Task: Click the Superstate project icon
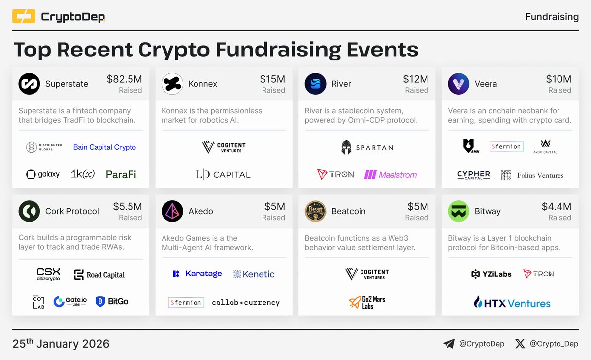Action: (29, 84)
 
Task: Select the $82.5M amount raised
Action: (124, 79)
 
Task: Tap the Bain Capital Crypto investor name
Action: (104, 147)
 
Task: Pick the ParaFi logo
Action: (121, 174)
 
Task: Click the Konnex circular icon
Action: (172, 84)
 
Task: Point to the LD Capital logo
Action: (223, 174)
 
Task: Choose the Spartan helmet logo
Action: (347, 147)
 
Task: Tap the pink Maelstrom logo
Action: (391, 174)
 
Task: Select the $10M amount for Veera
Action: (558, 79)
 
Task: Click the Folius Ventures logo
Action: (532, 175)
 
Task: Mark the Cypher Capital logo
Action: (473, 175)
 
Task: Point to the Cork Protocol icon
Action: (29, 211)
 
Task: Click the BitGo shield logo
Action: (112, 301)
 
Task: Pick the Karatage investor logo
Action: (197, 274)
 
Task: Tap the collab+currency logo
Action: (246, 302)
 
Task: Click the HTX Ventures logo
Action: (512, 303)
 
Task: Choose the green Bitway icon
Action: (459, 211)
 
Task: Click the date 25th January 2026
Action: (61, 344)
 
